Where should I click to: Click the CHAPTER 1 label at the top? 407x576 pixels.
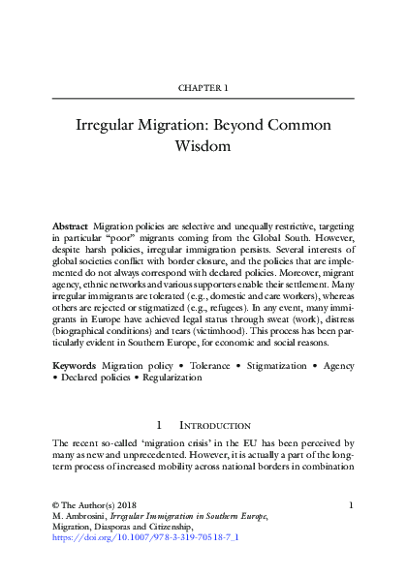point(203,88)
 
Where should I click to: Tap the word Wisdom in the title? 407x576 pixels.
point(203,148)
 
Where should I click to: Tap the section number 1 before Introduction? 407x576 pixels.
point(160,425)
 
